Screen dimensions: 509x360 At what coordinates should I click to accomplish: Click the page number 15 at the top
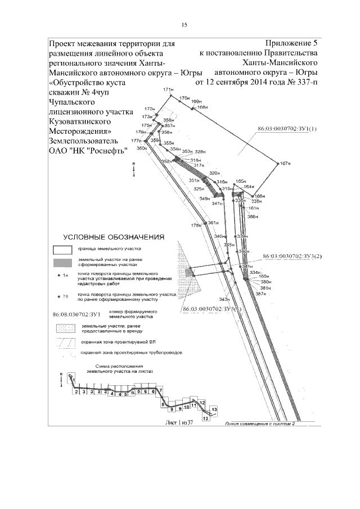pos(183,25)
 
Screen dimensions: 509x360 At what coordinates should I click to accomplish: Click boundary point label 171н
pos(166,90)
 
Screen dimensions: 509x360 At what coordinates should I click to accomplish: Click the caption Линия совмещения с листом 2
pos(259,425)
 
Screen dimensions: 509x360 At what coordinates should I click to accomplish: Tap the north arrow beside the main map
pos(133,169)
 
